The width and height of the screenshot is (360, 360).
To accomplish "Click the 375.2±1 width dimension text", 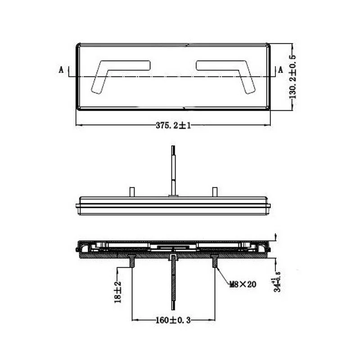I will click(x=174, y=126).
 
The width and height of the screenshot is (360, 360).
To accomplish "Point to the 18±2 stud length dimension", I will click(x=117, y=292).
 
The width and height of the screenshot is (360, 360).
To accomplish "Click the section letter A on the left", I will click(x=61, y=70).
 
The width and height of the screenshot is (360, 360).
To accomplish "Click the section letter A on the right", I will click(x=280, y=70).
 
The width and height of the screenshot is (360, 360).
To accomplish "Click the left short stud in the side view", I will click(x=132, y=192).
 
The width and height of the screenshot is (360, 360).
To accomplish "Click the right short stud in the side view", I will click(x=215, y=192).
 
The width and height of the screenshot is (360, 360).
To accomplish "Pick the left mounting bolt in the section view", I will click(x=132, y=261).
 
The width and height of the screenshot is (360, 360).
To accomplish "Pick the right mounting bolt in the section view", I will click(x=215, y=261).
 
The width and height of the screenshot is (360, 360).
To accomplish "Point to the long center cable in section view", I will click(x=173, y=279).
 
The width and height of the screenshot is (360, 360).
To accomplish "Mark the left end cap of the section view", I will click(x=80, y=247).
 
